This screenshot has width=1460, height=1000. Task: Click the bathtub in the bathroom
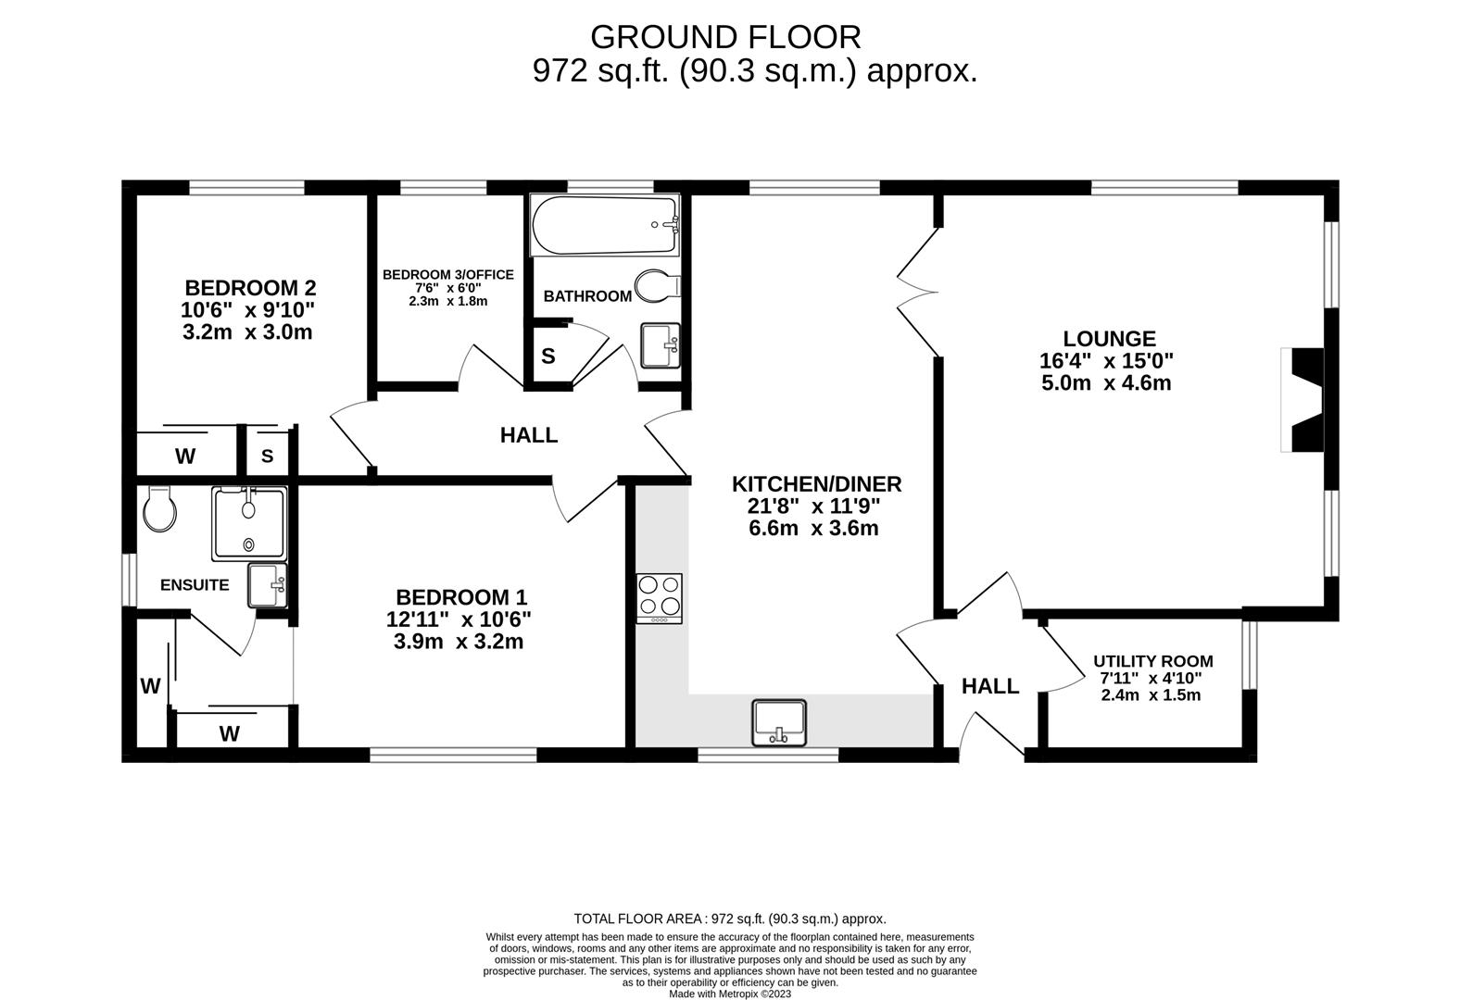point(606,225)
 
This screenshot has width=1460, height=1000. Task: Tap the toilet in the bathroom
point(658,286)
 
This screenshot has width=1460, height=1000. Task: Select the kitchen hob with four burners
point(660,599)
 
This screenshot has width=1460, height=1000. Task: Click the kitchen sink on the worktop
point(779,722)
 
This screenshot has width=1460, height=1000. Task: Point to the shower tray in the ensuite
point(249,524)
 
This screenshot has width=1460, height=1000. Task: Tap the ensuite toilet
point(159,508)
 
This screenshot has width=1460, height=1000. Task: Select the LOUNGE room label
point(1109,339)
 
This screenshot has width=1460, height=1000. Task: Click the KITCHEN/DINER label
point(817,484)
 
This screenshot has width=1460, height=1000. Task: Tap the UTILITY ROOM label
point(1153,661)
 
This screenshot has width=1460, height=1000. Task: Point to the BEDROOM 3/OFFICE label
point(447,275)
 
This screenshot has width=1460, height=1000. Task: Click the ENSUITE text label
point(195,585)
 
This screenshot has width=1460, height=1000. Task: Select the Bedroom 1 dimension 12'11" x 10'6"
point(459,619)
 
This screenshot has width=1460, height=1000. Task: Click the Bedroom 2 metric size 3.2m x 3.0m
point(247,332)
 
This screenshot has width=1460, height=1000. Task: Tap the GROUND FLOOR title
point(725,37)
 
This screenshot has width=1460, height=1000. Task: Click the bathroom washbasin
point(661,345)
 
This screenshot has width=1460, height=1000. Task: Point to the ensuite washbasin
point(267,586)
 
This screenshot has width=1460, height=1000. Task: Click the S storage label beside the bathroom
point(548,356)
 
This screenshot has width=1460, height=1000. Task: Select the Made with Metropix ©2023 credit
point(730,994)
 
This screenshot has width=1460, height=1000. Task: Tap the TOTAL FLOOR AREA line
point(730,919)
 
